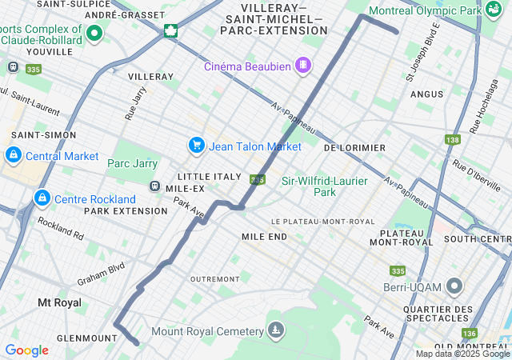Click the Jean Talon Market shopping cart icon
click(x=196, y=146)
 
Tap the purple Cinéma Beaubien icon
click(x=303, y=65)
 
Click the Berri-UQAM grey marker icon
click(x=455, y=286)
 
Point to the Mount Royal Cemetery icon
click(x=276, y=330)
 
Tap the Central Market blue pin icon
click(x=13, y=155)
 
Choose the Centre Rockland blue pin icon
click(x=41, y=198)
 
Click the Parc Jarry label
click(x=132, y=163)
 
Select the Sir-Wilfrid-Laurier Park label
click(x=325, y=186)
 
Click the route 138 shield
click(x=453, y=139)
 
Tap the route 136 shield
click(x=470, y=333)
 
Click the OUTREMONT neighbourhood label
click(x=214, y=279)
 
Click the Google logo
click(x=26, y=350)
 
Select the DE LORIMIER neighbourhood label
click(x=354, y=148)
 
